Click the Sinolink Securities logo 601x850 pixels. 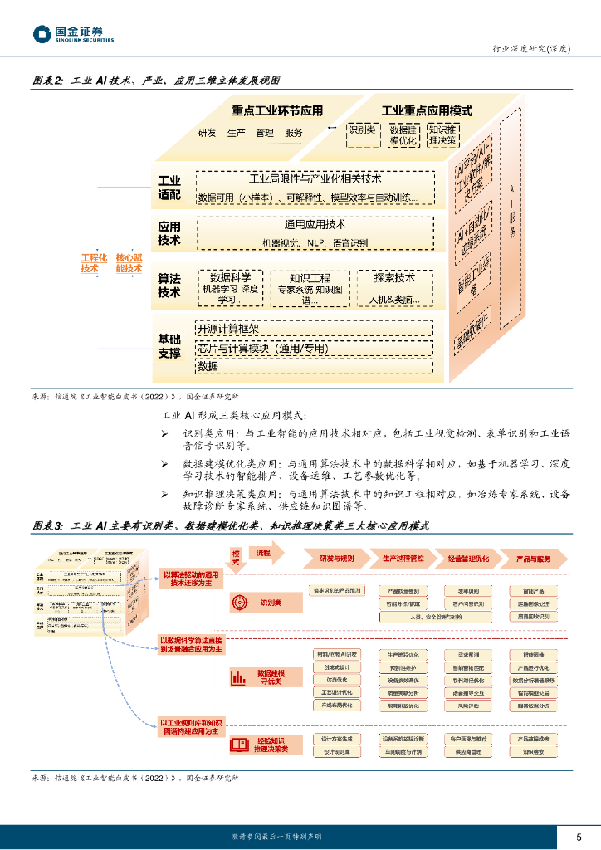click(x=73, y=34)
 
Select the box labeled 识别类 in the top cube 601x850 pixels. click(x=363, y=130)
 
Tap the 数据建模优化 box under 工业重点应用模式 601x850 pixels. click(x=403, y=135)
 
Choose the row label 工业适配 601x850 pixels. click(x=169, y=188)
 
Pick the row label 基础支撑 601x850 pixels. click(x=169, y=346)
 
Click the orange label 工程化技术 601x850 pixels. click(x=90, y=263)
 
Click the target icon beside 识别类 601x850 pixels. click(x=238, y=602)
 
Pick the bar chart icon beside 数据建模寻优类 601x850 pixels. click(x=238, y=677)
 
